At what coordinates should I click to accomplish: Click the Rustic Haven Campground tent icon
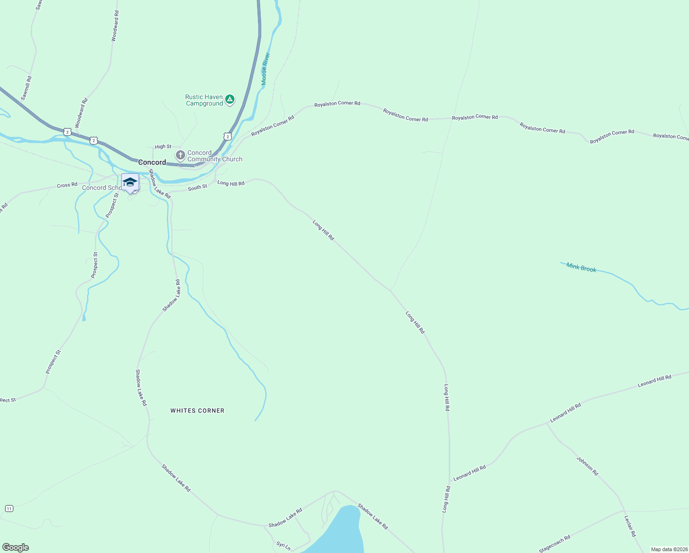click(229, 99)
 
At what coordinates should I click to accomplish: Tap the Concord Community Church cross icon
click(181, 155)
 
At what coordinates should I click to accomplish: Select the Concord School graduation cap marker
click(130, 182)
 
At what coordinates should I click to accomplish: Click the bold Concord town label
click(152, 162)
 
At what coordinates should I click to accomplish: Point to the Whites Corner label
click(197, 411)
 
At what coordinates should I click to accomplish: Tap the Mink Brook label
click(581, 268)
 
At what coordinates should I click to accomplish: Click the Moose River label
click(265, 69)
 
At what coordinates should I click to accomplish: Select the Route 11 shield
click(9, 508)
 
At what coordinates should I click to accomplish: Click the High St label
click(163, 147)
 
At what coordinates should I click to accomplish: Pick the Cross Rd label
click(67, 185)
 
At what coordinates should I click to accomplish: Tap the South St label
click(198, 188)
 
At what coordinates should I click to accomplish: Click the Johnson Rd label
click(587, 466)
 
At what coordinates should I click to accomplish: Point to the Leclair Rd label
click(630, 526)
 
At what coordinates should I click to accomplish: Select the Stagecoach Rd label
click(555, 544)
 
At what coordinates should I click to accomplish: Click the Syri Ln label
click(283, 546)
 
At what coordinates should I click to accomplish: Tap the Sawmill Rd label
click(27, 88)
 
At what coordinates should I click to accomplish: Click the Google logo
click(16, 547)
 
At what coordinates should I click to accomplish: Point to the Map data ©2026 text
click(669, 549)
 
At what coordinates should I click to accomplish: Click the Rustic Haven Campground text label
click(204, 100)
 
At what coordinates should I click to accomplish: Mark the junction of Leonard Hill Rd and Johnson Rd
click(547, 424)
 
